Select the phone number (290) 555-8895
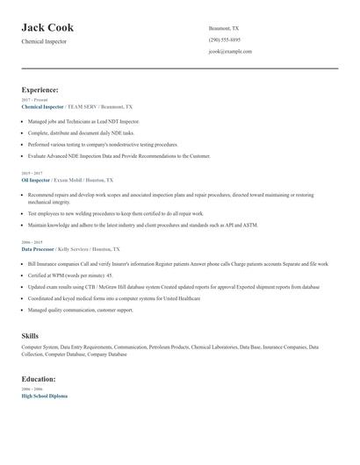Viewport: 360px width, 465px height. point(225,39)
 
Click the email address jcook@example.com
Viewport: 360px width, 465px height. point(230,51)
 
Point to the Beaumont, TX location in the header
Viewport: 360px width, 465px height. point(224,28)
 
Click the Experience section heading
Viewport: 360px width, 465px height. point(40,89)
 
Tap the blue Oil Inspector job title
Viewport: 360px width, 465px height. point(36,179)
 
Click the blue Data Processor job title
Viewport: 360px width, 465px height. point(40,249)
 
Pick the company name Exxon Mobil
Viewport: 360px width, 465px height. point(70,179)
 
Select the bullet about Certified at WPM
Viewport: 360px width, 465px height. point(70,275)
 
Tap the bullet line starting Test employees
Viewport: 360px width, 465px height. point(114,213)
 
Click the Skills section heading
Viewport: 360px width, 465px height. point(30,336)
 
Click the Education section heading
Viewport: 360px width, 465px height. point(39,379)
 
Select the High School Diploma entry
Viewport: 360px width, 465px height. point(44,396)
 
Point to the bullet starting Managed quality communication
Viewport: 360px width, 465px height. point(81,310)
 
